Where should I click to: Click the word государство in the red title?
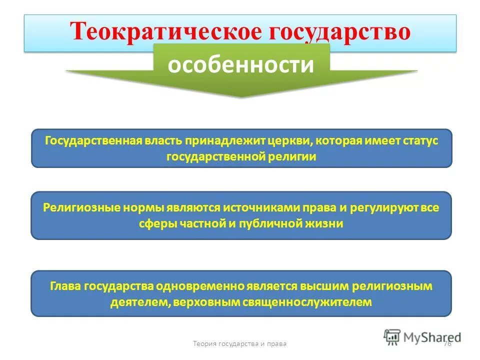click(340, 31)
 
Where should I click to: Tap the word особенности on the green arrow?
click(241, 65)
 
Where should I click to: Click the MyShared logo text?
click(432, 337)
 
